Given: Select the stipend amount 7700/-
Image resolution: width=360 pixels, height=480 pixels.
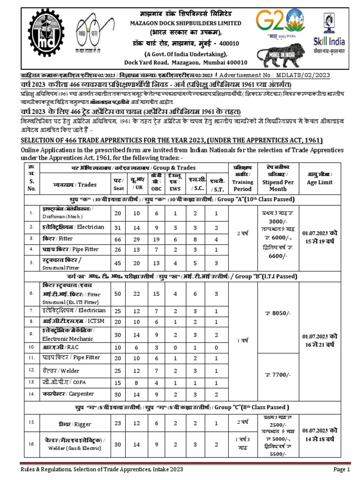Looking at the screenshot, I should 276,375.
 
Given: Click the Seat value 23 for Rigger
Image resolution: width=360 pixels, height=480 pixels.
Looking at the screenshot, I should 118,423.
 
